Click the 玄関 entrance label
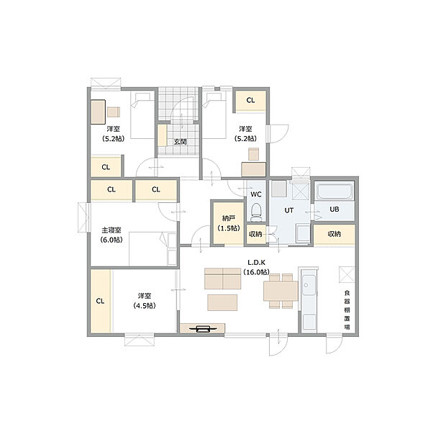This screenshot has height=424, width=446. pos(180,142)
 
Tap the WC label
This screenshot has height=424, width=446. pos(255,194)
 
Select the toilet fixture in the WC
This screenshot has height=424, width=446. pos(255,212)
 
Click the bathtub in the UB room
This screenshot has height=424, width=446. pos(334,192)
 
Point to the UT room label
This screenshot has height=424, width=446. pos(289,209)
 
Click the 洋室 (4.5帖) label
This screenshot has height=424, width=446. pos(144,300)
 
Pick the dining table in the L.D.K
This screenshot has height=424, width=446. pos(281,290)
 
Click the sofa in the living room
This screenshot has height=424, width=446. pos(222,278)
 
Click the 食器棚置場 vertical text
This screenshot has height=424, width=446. pos(346,309)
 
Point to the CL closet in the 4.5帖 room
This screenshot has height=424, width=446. pos(100,301)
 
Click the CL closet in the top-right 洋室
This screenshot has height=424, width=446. pos(250,101)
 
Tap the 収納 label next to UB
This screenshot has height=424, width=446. pos(334,234)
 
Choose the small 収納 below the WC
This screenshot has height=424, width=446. pos(255,234)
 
